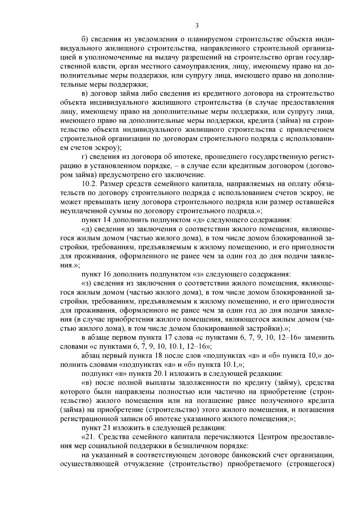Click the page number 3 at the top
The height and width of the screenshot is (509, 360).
197,26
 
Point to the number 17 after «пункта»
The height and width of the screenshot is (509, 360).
170,338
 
